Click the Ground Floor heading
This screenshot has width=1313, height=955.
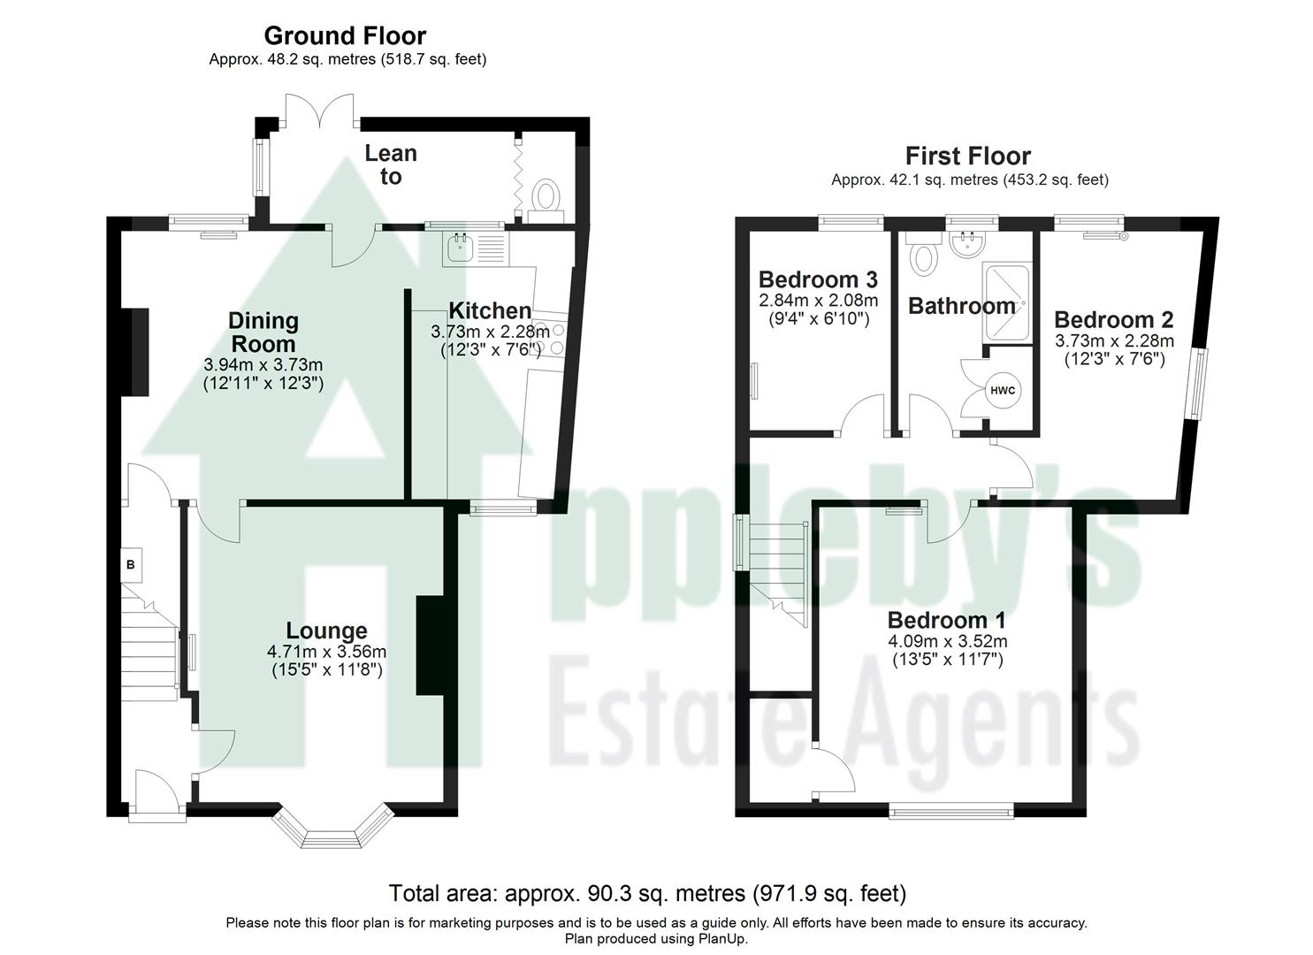click(x=345, y=36)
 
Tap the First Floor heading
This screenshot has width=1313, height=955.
click(x=968, y=157)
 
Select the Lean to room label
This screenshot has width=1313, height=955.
click(x=391, y=164)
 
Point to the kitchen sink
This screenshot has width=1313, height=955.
click(x=461, y=248)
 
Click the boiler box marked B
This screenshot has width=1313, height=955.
click(x=130, y=564)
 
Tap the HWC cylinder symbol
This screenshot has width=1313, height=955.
click(x=1003, y=391)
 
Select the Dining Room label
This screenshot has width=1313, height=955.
click(x=263, y=332)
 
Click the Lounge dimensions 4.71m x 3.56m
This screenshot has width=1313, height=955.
click(x=327, y=652)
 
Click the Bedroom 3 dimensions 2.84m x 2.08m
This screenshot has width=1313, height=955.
click(x=818, y=300)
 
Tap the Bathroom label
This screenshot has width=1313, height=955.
click(x=962, y=307)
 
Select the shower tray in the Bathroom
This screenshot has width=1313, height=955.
click(x=1006, y=302)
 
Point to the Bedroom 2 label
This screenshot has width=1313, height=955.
click(x=1114, y=320)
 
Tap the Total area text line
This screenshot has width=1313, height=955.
click(x=647, y=893)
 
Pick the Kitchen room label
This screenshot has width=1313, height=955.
click(x=490, y=310)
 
